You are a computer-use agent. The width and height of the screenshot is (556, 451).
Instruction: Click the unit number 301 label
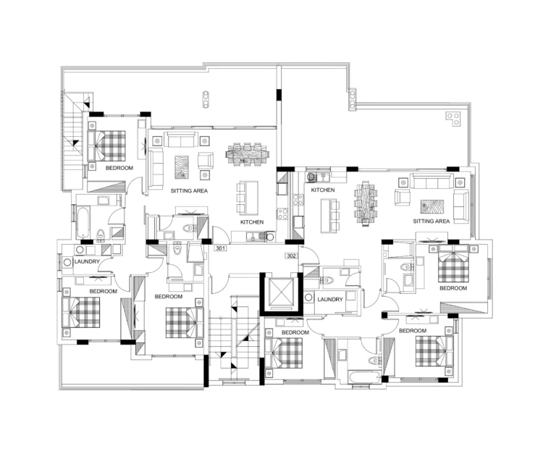221,248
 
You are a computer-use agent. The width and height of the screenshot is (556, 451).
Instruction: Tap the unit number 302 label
292,256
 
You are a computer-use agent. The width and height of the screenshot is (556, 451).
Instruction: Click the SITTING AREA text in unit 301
189,191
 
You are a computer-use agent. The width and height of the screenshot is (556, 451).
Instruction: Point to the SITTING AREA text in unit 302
431,222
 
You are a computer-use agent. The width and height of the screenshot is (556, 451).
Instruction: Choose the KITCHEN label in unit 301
252,222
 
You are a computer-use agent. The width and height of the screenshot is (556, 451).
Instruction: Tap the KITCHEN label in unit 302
323,190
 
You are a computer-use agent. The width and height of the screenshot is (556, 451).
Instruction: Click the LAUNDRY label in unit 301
87,261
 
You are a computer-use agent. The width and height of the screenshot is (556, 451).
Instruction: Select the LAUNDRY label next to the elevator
330,299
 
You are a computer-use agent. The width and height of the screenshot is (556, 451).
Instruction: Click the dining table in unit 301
247,154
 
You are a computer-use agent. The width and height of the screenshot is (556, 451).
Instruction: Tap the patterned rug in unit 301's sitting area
182,167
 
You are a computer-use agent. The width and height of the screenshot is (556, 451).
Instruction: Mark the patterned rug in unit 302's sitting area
432,207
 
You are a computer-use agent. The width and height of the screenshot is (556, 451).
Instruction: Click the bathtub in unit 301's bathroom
83,222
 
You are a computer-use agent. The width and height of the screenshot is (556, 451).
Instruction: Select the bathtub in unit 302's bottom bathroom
365,376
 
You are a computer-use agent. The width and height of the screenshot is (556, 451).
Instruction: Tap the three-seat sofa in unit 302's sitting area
431,181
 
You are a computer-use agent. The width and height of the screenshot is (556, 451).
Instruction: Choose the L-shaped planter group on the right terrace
453,119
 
